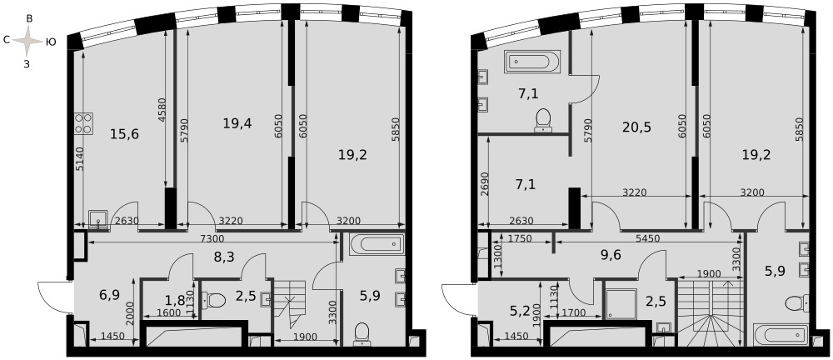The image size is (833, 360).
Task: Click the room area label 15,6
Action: [124, 134]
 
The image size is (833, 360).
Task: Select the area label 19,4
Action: [237, 123]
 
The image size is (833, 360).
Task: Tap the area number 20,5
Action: [636, 127]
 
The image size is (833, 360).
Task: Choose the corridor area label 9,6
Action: [611, 254]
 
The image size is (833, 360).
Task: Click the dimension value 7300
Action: [213, 238]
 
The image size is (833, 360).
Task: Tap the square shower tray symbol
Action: [621, 303]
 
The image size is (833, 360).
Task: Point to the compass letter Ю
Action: [51, 42]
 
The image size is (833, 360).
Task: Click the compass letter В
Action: [29, 18]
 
